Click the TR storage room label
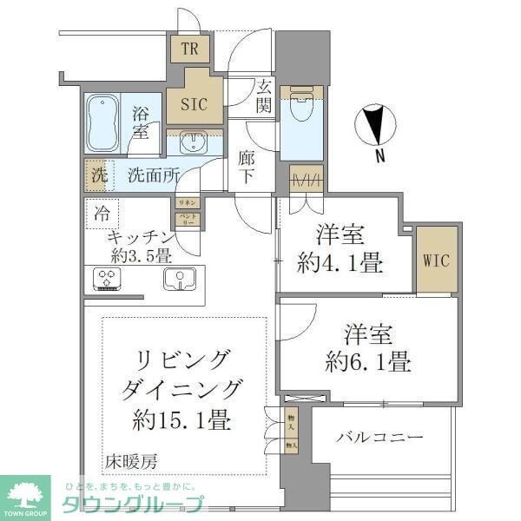click(190, 49)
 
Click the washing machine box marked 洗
click(98, 174)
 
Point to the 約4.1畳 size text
click(340, 263)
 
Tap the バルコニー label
click(380, 438)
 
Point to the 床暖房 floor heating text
click(132, 460)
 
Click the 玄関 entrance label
click(264, 96)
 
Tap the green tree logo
click(29, 497)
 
